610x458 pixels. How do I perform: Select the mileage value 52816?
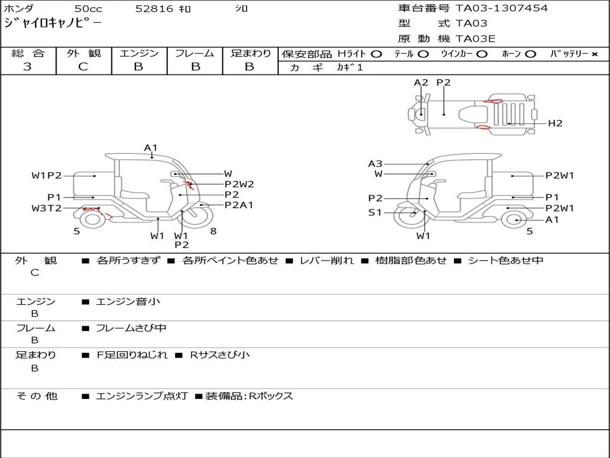pyautogui.click(x=154, y=9)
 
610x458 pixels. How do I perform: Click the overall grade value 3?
pyautogui.click(x=27, y=67)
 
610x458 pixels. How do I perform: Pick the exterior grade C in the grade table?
pyautogui.click(x=83, y=67)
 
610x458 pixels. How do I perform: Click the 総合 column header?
pyautogui.click(x=27, y=54)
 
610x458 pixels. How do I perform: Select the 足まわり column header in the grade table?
pyautogui.click(x=250, y=54)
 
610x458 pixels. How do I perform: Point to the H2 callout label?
pyautogui.click(x=555, y=123)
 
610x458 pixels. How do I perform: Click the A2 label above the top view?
pyautogui.click(x=421, y=83)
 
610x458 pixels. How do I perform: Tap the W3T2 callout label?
pyautogui.click(x=46, y=208)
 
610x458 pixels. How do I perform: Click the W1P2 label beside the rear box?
pyautogui.click(x=46, y=175)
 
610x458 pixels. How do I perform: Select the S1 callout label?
pyautogui.click(x=375, y=212)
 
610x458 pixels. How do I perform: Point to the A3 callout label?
pyautogui.click(x=375, y=163)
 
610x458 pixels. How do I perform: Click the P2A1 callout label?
pyautogui.click(x=239, y=205)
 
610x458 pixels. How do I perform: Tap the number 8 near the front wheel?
pyautogui.click(x=213, y=231)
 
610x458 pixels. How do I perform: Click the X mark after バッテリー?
pyautogui.click(x=594, y=54)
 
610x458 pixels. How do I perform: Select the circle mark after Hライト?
pyautogui.click(x=376, y=54)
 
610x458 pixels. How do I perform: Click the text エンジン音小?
pyautogui.click(x=128, y=302)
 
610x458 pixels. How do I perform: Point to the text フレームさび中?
pyautogui.click(x=131, y=328)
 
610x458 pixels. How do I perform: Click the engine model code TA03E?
pyautogui.click(x=475, y=39)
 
